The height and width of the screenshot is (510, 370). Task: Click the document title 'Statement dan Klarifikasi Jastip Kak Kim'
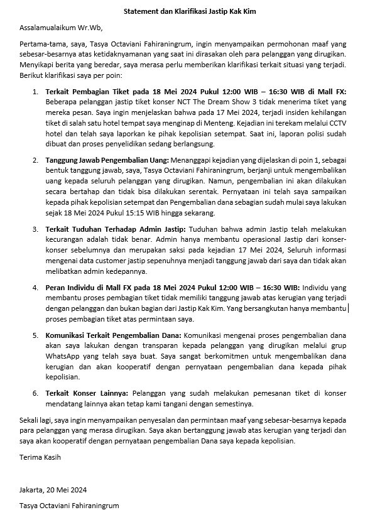coord(185,11)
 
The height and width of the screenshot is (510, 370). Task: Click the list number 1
coord(35,92)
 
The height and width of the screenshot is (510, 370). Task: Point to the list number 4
coord(35,287)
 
